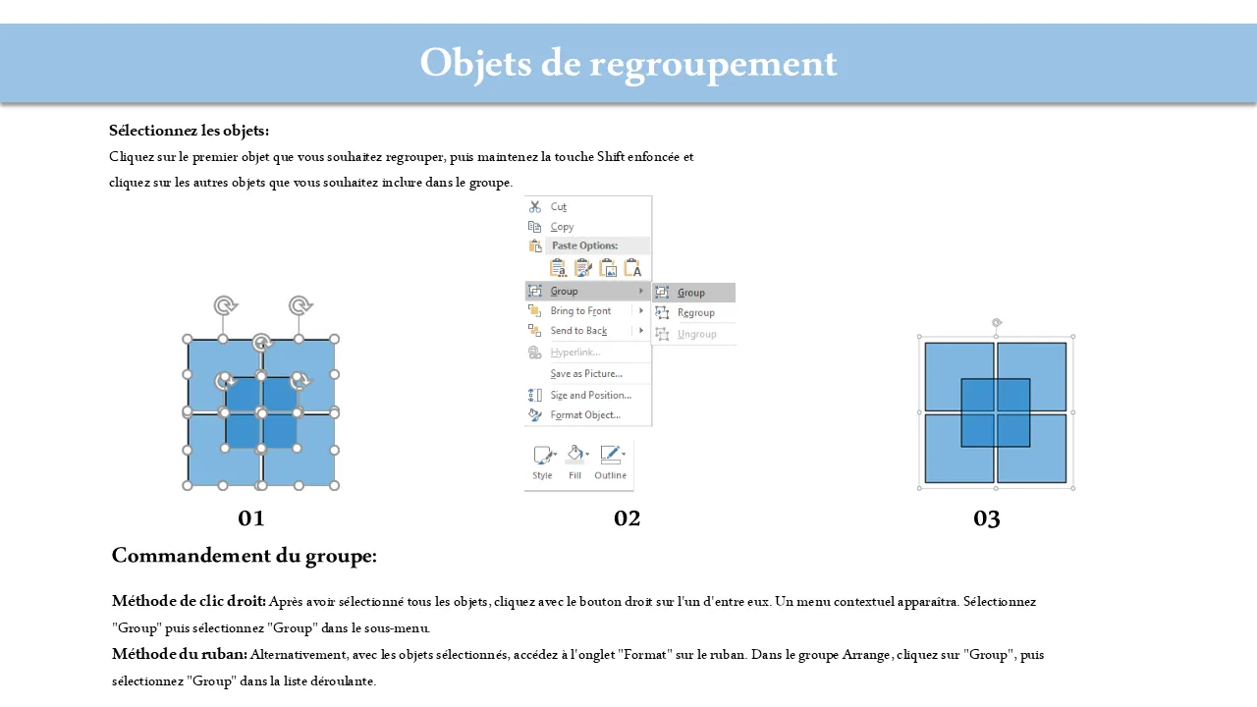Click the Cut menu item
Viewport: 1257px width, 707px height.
coord(558,206)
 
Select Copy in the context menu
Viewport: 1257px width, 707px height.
coord(562,227)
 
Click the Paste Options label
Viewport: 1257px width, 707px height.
coord(584,245)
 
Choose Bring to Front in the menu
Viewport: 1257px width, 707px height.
coord(580,311)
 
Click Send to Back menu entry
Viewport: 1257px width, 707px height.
coord(578,331)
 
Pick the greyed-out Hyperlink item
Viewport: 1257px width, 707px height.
coord(575,352)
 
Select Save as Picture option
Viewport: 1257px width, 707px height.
coord(586,374)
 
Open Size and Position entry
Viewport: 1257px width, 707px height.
coord(591,395)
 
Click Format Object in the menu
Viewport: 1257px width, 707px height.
coord(585,414)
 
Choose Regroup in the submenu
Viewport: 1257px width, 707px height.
coord(696,312)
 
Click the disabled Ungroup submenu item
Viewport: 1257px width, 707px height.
coord(696,334)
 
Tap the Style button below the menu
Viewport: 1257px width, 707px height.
coord(543,462)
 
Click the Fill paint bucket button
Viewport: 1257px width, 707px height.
coord(575,462)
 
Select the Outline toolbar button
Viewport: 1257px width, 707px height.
coord(611,462)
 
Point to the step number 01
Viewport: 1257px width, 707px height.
coord(250,518)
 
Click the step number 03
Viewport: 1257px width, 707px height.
coord(987,518)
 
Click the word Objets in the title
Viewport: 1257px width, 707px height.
coord(475,64)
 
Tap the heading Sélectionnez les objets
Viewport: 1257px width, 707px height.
coord(190,131)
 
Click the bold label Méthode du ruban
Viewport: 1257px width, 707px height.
coord(180,654)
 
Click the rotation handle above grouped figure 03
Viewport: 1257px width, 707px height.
coord(997,323)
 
